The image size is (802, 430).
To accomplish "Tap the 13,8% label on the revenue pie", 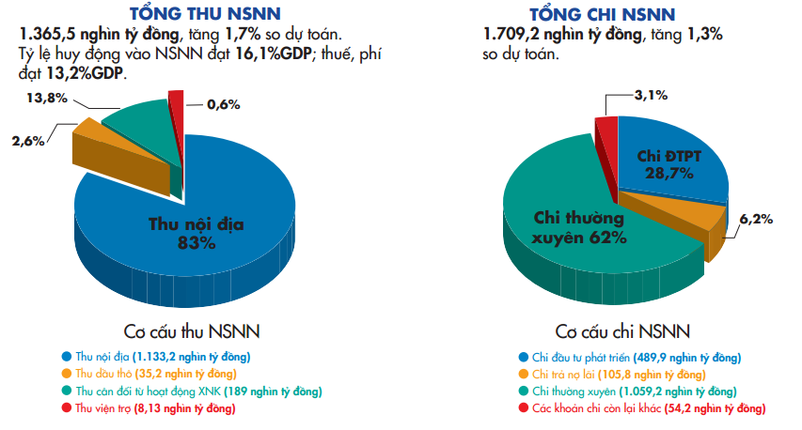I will pos(46,99).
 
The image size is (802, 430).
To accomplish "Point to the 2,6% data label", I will pos(28,141).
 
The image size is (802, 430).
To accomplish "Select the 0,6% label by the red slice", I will pos(224,104).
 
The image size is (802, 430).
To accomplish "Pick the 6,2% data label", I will pos(756,219).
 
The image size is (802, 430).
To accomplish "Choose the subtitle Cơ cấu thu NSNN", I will pos(192,331).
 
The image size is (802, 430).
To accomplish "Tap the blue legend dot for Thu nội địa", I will pos(67,356).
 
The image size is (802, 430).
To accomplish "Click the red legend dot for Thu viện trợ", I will pos(67,407).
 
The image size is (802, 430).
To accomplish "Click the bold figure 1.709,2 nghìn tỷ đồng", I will pos(562,35).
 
